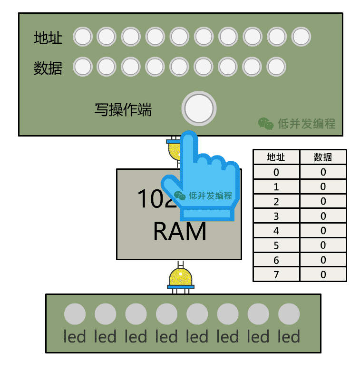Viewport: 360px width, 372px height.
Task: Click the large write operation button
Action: coord(199,109)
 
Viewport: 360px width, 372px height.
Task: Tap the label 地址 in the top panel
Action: coord(48,38)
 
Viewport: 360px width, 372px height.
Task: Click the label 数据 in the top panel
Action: coord(48,68)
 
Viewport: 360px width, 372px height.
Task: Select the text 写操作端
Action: coord(123,110)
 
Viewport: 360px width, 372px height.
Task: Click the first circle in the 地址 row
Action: coord(83,37)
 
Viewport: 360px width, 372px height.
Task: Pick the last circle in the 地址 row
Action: coord(301,37)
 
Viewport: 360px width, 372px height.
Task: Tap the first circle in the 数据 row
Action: coord(83,67)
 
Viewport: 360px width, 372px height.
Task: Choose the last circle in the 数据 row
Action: coord(276,67)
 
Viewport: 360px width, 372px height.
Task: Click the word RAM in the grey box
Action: coord(180,231)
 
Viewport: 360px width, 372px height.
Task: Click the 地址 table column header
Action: coord(276,157)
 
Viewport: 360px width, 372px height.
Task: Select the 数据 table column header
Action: coord(323,157)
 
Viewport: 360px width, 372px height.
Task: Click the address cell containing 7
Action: coord(276,274)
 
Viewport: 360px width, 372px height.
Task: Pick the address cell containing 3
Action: coord(276,216)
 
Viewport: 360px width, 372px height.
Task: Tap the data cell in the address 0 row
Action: coord(323,172)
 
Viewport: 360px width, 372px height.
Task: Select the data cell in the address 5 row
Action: coord(323,245)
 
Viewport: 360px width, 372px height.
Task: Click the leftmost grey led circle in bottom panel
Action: coord(75,314)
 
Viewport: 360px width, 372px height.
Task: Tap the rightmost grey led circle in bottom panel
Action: coord(289,314)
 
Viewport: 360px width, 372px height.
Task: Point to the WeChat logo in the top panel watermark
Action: coord(265,123)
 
